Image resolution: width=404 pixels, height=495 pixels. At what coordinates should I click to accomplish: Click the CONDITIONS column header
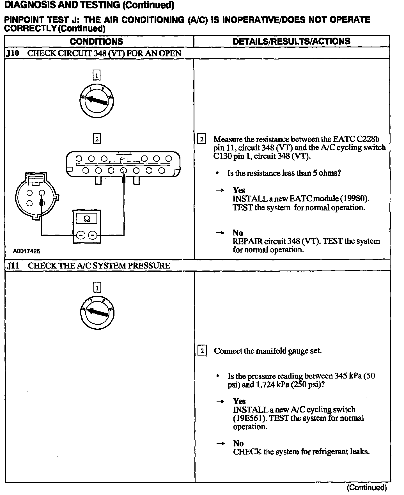96,42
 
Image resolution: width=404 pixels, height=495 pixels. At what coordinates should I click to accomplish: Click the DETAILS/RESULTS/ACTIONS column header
291,41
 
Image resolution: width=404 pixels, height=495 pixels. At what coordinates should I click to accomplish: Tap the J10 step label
13,53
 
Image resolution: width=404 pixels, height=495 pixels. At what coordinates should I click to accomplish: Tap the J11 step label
13,266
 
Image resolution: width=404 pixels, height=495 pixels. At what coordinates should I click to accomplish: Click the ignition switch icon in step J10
97,100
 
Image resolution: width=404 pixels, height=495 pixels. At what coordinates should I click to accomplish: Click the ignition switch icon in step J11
97,313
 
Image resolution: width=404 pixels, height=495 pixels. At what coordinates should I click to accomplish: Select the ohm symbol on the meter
87,219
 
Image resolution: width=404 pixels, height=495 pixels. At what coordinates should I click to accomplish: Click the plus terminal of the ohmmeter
81,235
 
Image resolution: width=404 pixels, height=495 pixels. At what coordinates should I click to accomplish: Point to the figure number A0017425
26,251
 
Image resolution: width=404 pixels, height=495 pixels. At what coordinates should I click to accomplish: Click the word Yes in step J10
239,190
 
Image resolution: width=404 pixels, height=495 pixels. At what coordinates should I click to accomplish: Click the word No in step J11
238,443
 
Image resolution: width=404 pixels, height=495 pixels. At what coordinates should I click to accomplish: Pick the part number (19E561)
249,418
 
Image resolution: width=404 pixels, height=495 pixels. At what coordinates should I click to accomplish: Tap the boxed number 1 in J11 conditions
97,288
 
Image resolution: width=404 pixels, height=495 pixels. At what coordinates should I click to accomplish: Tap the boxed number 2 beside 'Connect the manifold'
202,351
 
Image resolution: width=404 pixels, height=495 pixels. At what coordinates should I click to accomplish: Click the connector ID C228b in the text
368,139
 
